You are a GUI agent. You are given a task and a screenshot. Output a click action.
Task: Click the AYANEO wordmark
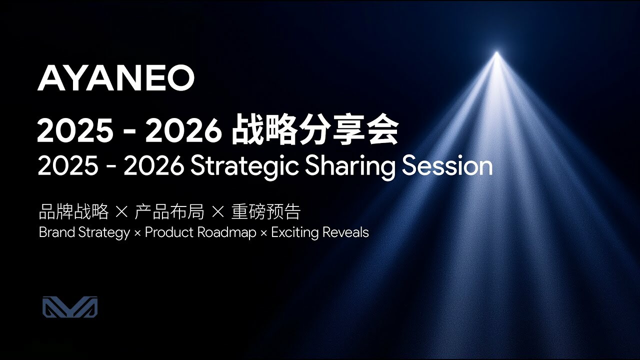point(115,78)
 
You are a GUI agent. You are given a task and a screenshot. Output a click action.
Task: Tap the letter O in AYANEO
point(180,78)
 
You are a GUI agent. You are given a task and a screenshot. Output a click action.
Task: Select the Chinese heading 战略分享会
point(315,130)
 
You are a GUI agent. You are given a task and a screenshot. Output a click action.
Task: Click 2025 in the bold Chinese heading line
point(75,130)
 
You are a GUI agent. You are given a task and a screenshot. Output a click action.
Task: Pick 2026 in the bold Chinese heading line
point(183,130)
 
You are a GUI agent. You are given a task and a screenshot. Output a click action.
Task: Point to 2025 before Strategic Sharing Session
point(68,166)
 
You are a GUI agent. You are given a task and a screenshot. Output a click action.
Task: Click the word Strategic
point(245,167)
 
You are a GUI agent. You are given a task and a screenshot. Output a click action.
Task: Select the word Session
point(447,166)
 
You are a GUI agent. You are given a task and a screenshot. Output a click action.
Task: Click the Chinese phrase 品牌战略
point(73,211)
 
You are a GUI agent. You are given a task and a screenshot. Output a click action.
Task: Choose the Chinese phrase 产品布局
point(169,211)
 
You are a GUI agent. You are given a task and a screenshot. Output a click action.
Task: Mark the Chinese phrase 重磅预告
point(265,211)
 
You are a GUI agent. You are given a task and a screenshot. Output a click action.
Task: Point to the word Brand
point(57,232)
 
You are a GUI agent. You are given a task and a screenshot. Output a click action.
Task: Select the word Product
point(169,232)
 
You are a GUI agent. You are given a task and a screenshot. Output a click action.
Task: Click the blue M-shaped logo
point(70,307)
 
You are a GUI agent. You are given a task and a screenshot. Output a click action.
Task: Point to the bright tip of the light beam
point(497,53)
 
